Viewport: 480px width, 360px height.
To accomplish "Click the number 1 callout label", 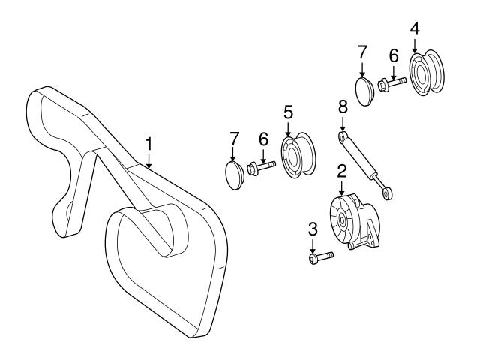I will (x=148, y=142).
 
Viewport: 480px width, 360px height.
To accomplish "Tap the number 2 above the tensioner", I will (x=341, y=169).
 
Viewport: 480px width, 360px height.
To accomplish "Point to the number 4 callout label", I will (x=415, y=28).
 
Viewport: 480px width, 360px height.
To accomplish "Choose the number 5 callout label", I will (x=288, y=112).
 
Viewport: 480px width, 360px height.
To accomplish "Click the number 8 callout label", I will (x=343, y=105).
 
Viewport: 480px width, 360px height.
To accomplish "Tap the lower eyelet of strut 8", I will (x=387, y=193).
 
